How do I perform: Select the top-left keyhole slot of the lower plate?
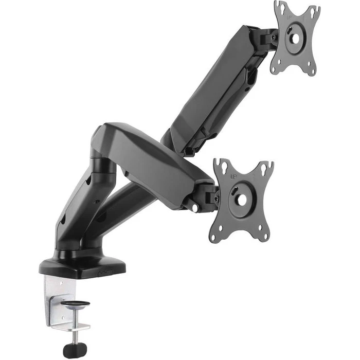click(x=222, y=165)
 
